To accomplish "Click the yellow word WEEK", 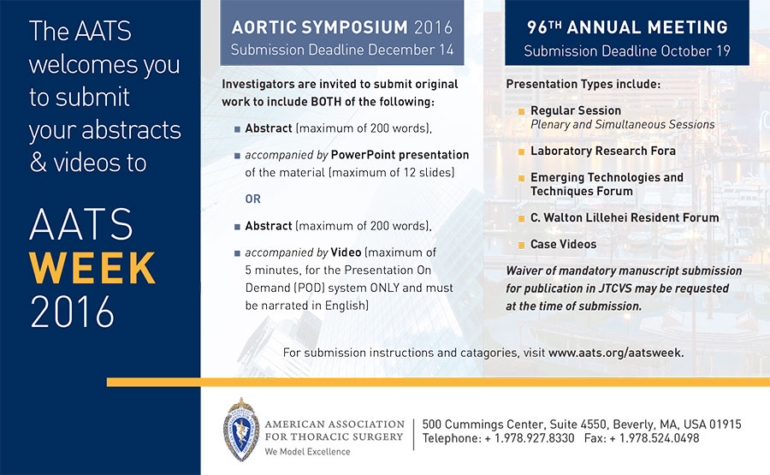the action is pyautogui.click(x=92, y=268).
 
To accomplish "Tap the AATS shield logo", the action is pyautogui.click(x=241, y=430).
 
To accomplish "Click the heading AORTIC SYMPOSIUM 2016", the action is pyautogui.click(x=341, y=27).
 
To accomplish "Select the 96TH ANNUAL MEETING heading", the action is pyautogui.click(x=627, y=27).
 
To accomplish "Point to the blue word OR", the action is pyautogui.click(x=253, y=199).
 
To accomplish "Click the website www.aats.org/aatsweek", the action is pyautogui.click(x=616, y=353).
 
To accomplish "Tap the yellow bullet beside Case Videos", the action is pyautogui.click(x=522, y=245).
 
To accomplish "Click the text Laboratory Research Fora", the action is pyautogui.click(x=603, y=151).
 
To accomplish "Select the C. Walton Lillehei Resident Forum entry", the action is pyautogui.click(x=625, y=217).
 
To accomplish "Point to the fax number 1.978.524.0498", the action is pyautogui.click(x=659, y=438).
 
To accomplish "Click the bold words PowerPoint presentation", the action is pyautogui.click(x=400, y=155).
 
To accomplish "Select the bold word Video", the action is pyautogui.click(x=346, y=252).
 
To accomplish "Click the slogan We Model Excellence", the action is pyautogui.click(x=307, y=452).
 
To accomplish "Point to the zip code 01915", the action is pyautogui.click(x=725, y=425).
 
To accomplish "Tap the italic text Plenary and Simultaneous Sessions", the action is pyautogui.click(x=623, y=125).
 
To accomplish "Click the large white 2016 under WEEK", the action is pyautogui.click(x=72, y=312).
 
